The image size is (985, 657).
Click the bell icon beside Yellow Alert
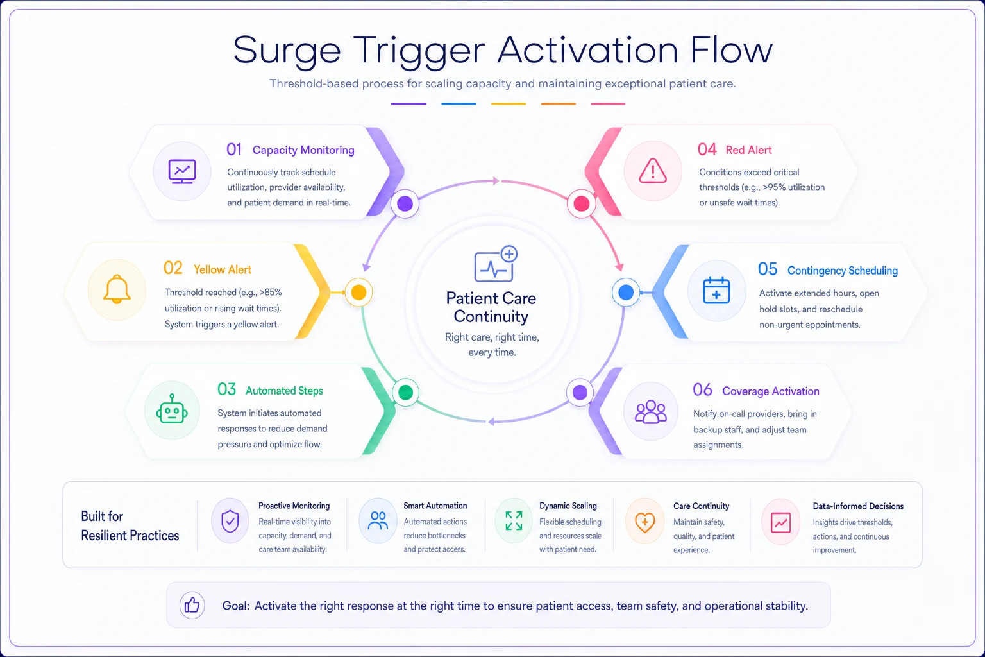tap(117, 289)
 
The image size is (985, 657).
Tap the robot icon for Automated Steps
tap(172, 409)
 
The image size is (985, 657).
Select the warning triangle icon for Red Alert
tap(653, 170)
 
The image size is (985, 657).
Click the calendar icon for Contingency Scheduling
tap(716, 290)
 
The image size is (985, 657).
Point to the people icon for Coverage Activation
tap(650, 412)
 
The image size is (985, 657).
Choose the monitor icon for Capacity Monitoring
tap(182, 171)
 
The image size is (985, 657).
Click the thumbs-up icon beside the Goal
tap(192, 605)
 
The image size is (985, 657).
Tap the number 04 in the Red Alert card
tap(707, 149)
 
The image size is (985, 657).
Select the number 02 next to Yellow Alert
tap(173, 268)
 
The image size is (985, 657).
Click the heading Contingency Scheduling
tap(842, 270)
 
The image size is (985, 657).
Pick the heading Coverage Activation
tap(770, 391)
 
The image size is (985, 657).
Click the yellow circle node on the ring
tap(358, 292)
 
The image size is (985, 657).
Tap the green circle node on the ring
tap(405, 392)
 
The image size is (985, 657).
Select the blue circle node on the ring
tap(626, 292)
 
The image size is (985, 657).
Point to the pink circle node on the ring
tap(582, 204)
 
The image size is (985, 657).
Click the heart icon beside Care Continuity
tap(644, 522)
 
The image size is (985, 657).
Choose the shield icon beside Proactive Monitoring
tap(230, 522)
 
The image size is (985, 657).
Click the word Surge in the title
tap(287, 51)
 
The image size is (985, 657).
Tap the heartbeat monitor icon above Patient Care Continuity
tap(495, 264)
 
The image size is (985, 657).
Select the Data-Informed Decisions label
tap(858, 506)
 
